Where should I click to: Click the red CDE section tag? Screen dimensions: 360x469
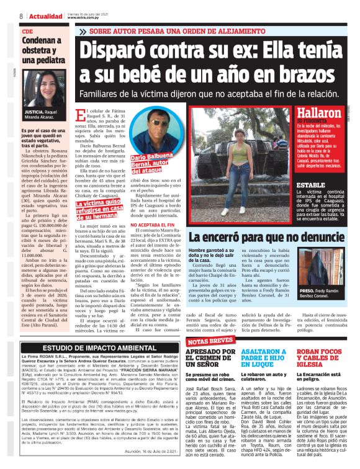(x=27, y=30)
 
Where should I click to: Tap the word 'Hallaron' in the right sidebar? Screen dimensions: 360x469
(x=319, y=113)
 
